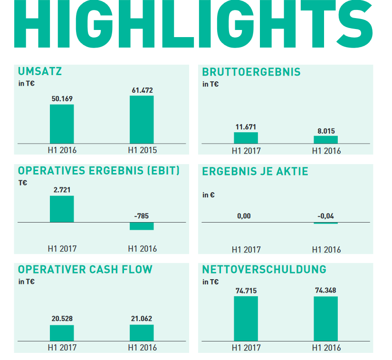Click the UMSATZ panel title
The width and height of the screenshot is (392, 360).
click(40, 72)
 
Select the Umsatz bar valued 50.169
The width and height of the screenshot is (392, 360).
click(62, 124)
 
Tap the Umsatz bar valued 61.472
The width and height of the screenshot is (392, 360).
click(142, 119)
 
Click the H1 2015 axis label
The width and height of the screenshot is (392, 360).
click(142, 150)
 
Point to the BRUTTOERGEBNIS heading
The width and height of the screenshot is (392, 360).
click(251, 72)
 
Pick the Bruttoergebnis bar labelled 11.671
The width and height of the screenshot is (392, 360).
click(246, 138)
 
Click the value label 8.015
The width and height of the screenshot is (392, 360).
click(325, 131)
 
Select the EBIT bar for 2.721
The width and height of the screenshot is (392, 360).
click(62, 209)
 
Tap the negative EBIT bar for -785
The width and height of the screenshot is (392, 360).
click(142, 226)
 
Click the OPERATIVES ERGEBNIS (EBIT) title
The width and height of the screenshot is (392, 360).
click(99, 171)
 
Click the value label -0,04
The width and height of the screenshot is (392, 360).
click(325, 216)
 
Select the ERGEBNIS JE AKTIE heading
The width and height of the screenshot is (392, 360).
click(255, 171)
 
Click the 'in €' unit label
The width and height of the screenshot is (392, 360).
click(208, 195)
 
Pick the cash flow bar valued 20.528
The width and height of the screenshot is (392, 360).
click(62, 333)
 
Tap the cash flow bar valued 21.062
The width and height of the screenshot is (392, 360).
click(142, 333)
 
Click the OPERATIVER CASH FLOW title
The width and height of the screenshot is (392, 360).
click(85, 270)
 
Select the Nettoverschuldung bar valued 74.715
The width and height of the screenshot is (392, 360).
click(246, 318)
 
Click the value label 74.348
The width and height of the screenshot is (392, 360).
click(325, 290)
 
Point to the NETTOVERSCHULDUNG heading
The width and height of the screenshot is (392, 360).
click(264, 270)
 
